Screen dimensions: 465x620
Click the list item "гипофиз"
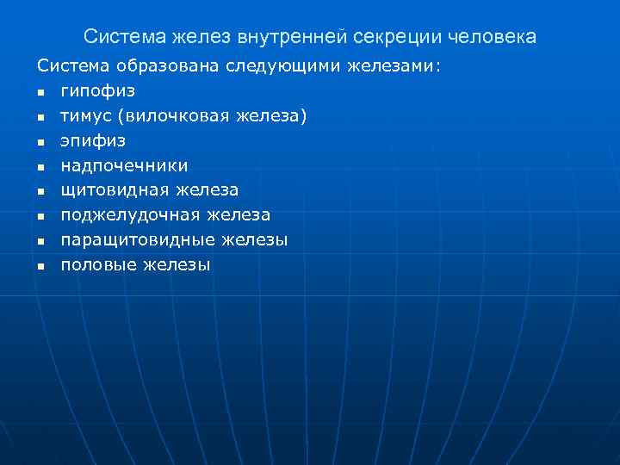click(x=97, y=90)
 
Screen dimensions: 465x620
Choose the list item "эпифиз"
click(x=93, y=140)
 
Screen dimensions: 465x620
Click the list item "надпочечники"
click(x=124, y=165)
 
